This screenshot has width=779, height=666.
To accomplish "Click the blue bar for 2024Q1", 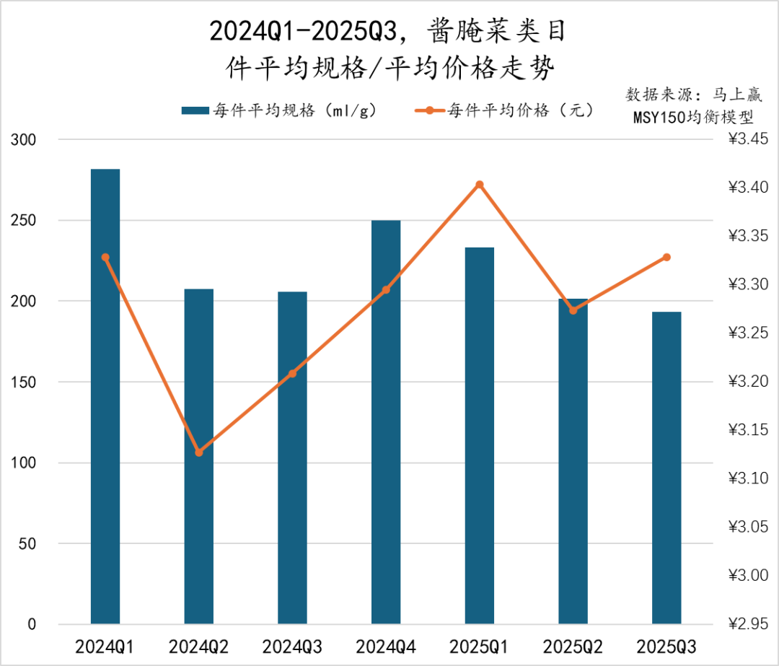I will (x=105, y=396).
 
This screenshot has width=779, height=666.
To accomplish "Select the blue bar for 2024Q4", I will (x=386, y=421).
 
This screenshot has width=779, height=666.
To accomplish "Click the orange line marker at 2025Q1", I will (x=480, y=185).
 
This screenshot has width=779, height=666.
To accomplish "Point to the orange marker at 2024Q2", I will (x=199, y=452).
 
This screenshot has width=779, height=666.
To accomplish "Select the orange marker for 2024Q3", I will (x=292, y=373).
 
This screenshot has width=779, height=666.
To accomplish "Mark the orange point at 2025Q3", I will (x=666, y=257).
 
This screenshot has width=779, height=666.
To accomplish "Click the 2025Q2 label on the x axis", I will (x=573, y=645).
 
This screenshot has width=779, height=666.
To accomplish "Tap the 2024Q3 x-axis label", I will (x=292, y=645).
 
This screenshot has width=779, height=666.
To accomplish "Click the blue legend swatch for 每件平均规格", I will (x=194, y=110).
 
